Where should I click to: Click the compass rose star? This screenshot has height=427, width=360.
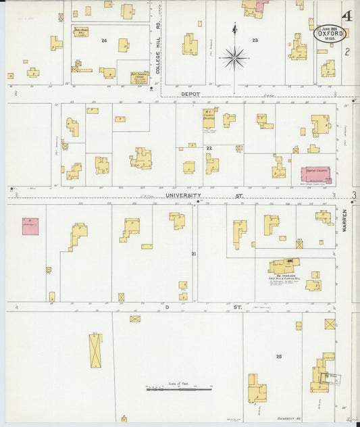point(234,58)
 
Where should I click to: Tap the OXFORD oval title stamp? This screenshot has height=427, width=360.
point(328,33)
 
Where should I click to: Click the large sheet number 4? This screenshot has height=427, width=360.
point(347,16)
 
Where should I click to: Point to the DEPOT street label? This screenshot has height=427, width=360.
point(190,94)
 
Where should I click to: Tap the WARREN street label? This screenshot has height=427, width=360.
point(344,220)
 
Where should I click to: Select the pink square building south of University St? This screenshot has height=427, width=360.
point(30,226)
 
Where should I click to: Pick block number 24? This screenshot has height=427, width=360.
point(103,41)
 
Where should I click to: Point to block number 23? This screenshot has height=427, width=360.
point(255,41)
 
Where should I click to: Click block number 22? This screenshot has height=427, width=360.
point(209,147)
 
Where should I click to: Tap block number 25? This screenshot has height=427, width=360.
point(278,355)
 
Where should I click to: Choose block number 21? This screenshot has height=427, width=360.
point(193,253)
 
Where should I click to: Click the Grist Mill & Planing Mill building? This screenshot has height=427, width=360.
point(284,265)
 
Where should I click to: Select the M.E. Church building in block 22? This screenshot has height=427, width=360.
point(209,118)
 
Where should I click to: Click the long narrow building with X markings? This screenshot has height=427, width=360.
point(95,350)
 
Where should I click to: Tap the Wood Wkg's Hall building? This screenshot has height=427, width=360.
point(81,32)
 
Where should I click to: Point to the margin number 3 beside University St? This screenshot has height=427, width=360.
point(353,197)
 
